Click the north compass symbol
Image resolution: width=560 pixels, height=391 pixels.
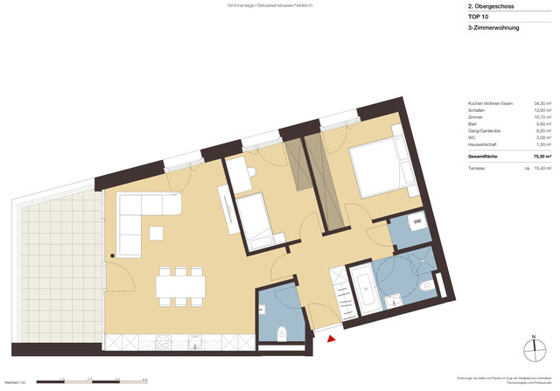pyautogui.click(x=533, y=349)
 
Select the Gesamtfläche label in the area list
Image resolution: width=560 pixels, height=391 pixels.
pyautogui.click(x=486, y=156)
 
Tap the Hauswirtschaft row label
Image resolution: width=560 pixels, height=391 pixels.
pyautogui.click(x=486, y=143)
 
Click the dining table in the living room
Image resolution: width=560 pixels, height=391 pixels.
pyautogui.click(x=180, y=286)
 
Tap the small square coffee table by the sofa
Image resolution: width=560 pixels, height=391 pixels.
pyautogui.click(x=157, y=234)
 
